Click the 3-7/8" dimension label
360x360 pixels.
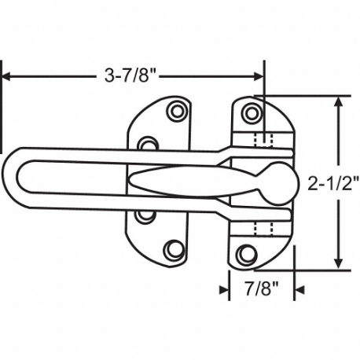coord(133,76)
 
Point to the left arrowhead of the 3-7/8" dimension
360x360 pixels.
coord(8,76)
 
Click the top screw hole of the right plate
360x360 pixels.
coord(252,112)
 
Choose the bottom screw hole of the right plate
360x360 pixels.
coord(247,253)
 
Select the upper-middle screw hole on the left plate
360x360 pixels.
coord(146,145)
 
